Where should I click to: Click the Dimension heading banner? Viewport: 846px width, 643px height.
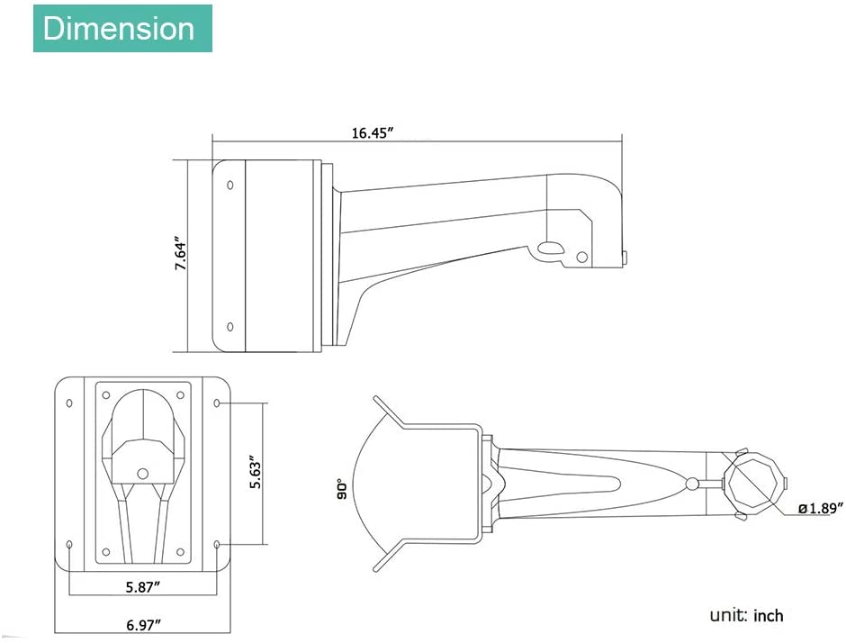122,29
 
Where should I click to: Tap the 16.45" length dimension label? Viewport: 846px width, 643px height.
373,132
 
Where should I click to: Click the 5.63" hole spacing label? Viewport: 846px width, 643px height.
256,475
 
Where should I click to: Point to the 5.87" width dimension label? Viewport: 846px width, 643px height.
143,587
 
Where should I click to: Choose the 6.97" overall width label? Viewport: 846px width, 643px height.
143,625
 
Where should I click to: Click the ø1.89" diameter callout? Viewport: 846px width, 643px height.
820,508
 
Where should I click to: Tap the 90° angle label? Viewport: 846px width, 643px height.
341,489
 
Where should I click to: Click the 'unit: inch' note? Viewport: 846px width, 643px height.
746,615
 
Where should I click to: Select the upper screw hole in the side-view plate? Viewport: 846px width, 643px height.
230,186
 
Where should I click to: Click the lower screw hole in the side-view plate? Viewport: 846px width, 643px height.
230,327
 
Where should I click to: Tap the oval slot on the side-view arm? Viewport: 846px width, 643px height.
550,248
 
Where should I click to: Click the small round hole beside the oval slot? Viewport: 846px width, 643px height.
581,257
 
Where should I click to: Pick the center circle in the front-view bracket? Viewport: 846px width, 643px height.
142,474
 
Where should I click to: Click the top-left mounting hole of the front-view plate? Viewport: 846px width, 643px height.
69,403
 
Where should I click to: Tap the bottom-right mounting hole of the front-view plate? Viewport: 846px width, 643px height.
217,545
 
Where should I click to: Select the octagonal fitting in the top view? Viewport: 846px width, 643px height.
751,481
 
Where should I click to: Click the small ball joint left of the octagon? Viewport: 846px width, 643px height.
692,483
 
